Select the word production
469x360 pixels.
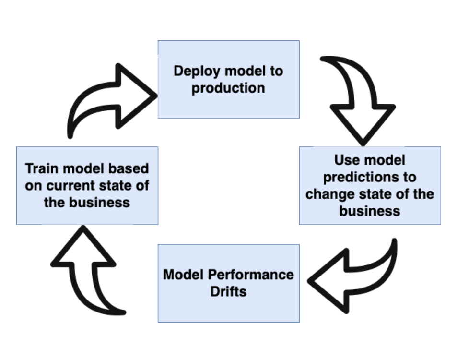tap(228, 88)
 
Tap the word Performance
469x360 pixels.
tap(251, 275)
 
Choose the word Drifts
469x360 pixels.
tap(229, 292)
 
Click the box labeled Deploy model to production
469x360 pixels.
tap(229, 80)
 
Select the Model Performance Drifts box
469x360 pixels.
tap(229, 283)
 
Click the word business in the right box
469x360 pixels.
tap(370, 211)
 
